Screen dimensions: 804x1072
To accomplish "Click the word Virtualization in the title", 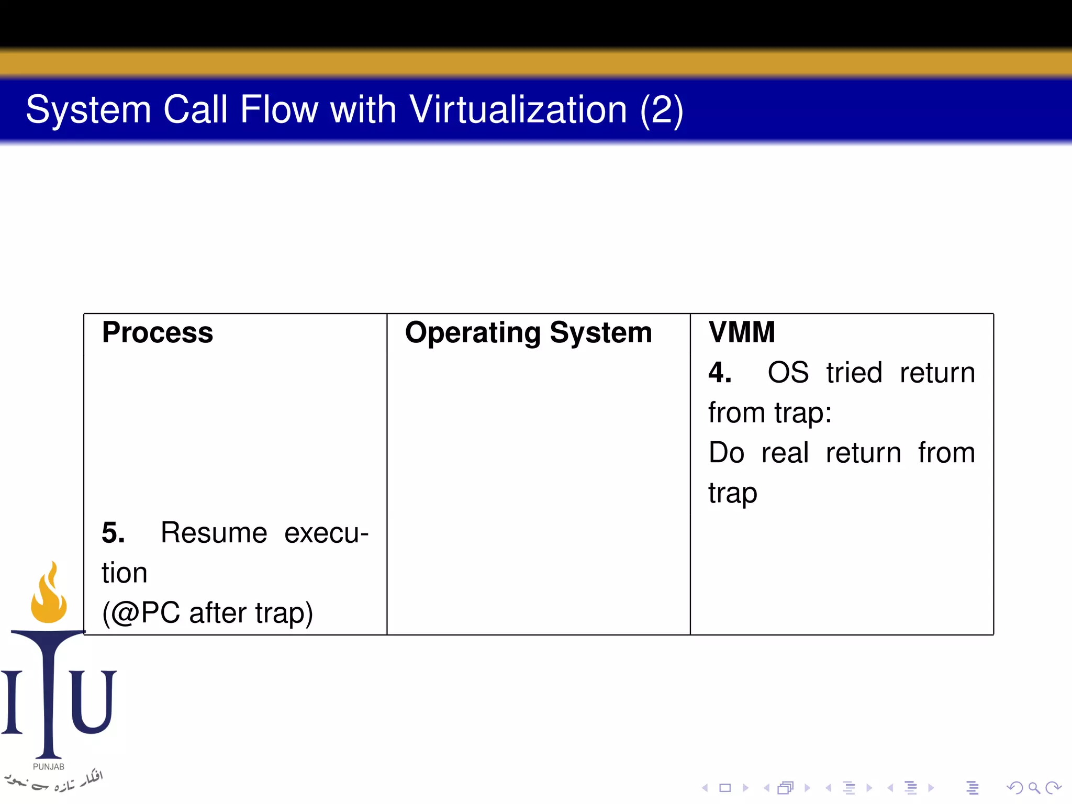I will click(x=518, y=109).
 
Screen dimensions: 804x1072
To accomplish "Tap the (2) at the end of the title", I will click(x=661, y=109).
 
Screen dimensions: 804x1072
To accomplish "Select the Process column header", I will click(x=158, y=332).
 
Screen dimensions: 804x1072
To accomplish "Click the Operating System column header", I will click(x=528, y=332).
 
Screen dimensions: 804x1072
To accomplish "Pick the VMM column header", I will click(x=741, y=332).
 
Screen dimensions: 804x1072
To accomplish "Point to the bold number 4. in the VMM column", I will click(x=720, y=373).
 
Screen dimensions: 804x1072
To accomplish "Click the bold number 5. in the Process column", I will click(x=113, y=533).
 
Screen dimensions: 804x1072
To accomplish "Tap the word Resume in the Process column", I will click(x=214, y=533).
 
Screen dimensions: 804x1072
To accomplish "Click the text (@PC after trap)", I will click(x=207, y=613).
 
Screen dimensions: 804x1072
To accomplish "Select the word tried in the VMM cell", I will click(x=854, y=373).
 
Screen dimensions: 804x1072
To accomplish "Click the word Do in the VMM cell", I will click(x=726, y=453).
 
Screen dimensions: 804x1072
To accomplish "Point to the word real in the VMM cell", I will click(x=785, y=453).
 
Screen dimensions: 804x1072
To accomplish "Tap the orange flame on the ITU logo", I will click(x=49, y=597).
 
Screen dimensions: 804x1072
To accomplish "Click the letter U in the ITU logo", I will click(x=93, y=701).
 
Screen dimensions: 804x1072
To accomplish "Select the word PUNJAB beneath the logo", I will click(x=49, y=767).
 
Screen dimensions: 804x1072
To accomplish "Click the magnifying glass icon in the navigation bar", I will click(x=1034, y=788).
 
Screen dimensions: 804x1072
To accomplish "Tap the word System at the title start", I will click(x=88, y=109).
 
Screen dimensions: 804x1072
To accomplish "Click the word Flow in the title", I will click(x=278, y=109).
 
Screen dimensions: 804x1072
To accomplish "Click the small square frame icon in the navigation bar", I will click(x=725, y=788).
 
